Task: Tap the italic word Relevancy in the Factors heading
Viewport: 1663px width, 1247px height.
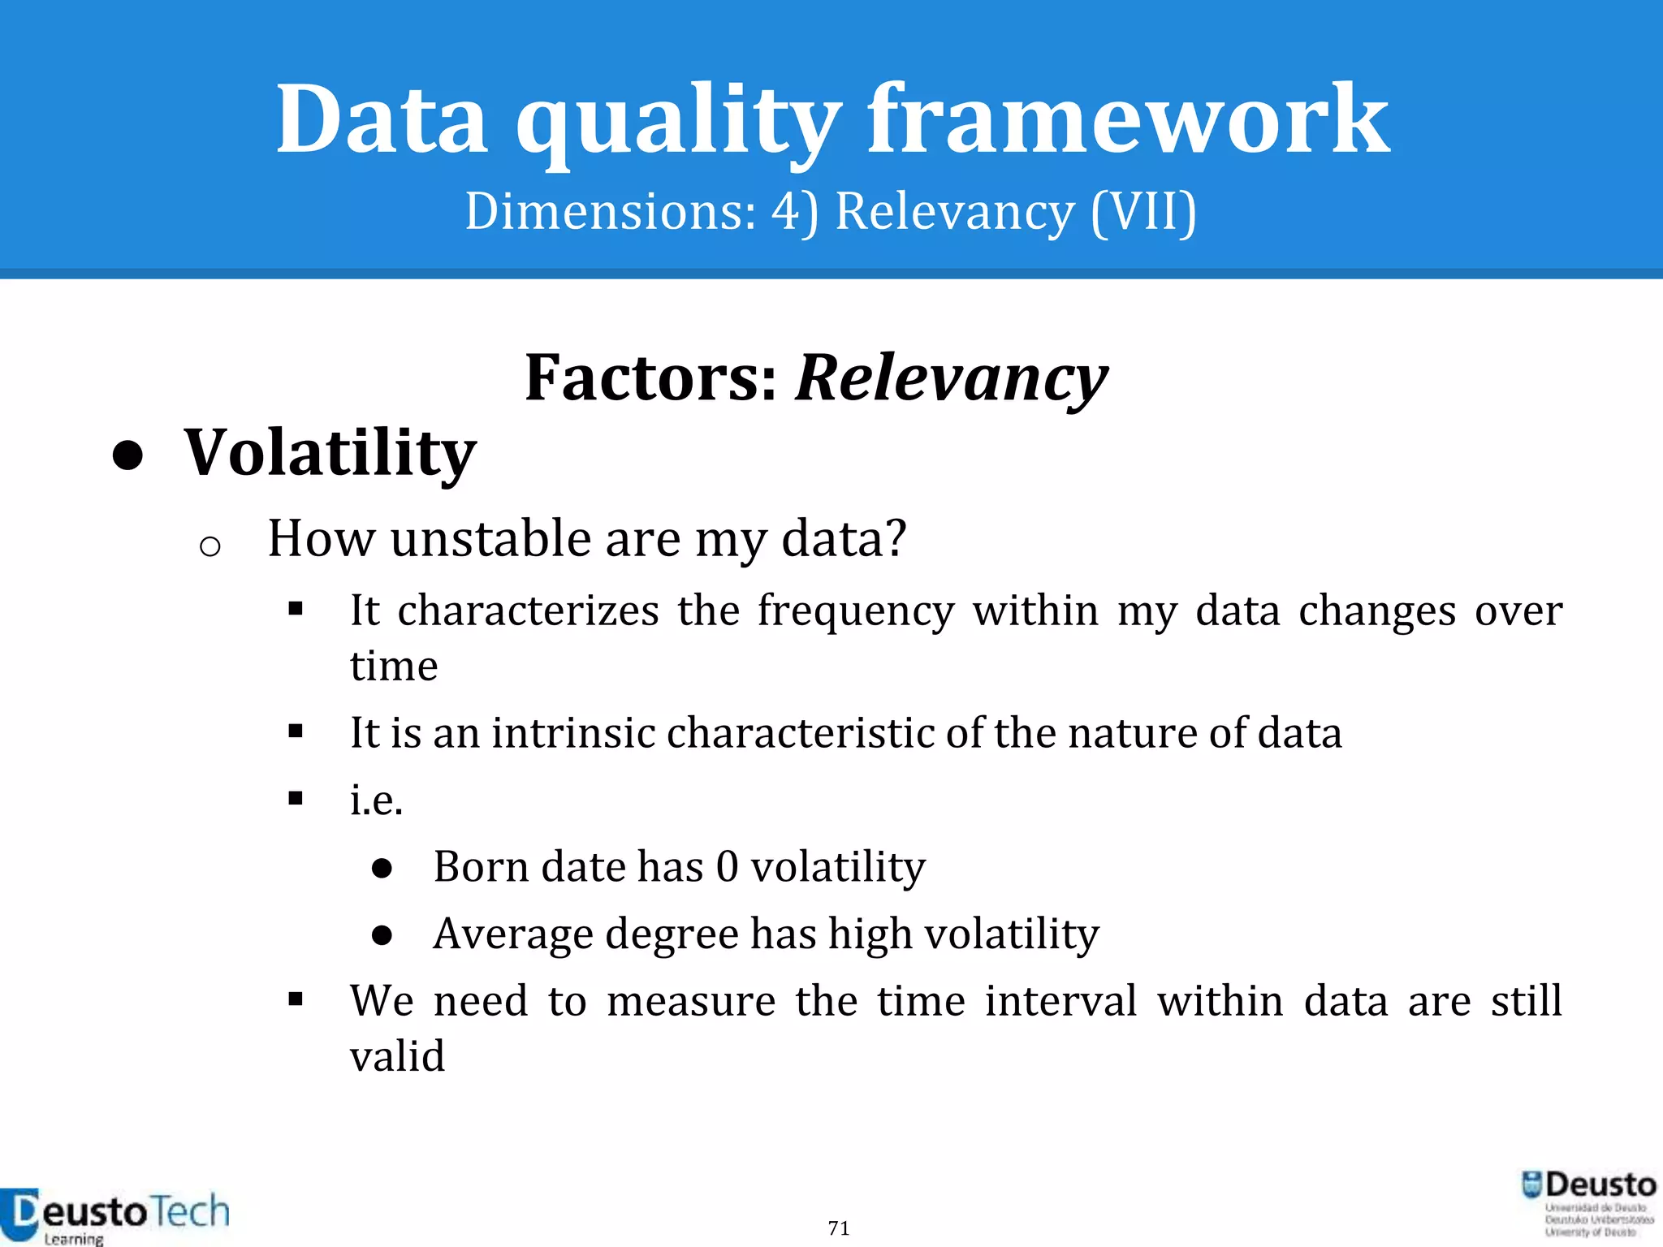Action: pos(951,378)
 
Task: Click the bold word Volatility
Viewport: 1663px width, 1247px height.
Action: pos(330,453)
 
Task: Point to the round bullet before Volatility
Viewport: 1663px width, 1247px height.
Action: pos(128,456)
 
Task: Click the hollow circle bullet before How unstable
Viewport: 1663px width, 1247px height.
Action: pos(209,546)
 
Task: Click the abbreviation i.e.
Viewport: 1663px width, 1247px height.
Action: pos(376,800)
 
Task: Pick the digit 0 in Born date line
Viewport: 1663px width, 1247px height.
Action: pos(727,866)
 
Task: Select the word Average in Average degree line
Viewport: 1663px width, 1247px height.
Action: pos(512,934)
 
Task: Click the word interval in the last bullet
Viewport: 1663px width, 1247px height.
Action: pos(1060,1000)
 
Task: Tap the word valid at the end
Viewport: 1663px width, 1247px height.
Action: pos(397,1056)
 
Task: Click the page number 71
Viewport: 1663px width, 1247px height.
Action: pos(839,1228)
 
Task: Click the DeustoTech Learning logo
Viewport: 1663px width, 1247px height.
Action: pos(114,1215)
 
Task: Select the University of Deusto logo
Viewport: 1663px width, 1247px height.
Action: pos(1588,1204)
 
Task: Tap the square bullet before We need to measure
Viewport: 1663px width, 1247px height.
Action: pos(296,999)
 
